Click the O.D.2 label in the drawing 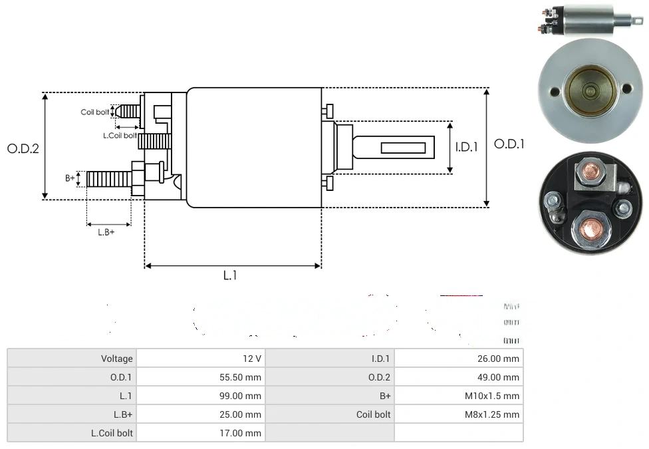click(23, 148)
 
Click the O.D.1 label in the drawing click(509, 144)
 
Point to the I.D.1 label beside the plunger click(466, 147)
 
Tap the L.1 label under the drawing click(229, 275)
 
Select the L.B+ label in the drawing click(106, 232)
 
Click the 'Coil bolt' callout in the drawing click(95, 112)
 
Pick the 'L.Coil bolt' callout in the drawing click(120, 136)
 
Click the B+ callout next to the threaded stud click(70, 178)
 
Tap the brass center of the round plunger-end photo click(589, 91)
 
